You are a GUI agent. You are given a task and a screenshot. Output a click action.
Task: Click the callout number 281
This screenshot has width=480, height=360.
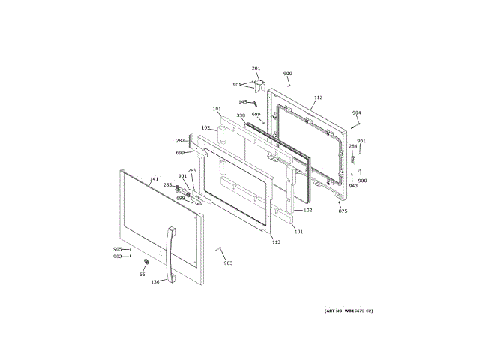click(x=256, y=68)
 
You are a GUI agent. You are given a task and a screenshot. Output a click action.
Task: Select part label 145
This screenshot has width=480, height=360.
click(x=243, y=102)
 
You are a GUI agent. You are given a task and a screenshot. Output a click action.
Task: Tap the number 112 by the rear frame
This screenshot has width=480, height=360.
click(x=318, y=97)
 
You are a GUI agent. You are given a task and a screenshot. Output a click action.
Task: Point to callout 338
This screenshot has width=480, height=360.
click(x=241, y=115)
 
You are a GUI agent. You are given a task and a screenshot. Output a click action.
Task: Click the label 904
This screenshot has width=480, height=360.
click(x=357, y=113)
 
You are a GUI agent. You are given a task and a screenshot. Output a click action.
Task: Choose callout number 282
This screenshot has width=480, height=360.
click(x=180, y=140)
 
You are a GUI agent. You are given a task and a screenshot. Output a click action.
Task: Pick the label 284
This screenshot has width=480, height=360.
click(x=352, y=146)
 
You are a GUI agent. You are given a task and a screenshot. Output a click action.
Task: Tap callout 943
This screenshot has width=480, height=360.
click(x=353, y=186)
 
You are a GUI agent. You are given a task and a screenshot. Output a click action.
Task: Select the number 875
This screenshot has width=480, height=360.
click(x=343, y=211)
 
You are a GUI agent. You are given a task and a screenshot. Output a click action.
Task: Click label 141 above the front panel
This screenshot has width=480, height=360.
click(x=154, y=179)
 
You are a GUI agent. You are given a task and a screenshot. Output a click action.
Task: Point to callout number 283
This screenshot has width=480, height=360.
click(x=168, y=185)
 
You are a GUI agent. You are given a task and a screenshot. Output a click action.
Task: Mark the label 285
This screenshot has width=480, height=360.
click(x=191, y=170)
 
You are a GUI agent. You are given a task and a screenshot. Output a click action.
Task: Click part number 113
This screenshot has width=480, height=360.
click(x=275, y=241)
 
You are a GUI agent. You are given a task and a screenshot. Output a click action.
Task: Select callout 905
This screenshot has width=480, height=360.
click(x=117, y=249)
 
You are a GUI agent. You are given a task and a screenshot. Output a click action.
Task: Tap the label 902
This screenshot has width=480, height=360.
click(x=117, y=256)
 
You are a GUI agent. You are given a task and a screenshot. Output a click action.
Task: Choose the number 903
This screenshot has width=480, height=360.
click(x=228, y=263)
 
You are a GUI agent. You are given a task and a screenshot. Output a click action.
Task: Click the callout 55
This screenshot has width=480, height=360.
click(x=142, y=274)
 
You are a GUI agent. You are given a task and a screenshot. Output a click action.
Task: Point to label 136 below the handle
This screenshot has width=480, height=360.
click(x=155, y=282)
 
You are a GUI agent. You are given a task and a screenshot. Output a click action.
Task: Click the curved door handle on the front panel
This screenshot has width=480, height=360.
click(x=170, y=255)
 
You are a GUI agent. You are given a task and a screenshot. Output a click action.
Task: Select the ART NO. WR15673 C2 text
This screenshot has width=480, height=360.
click(x=349, y=310)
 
